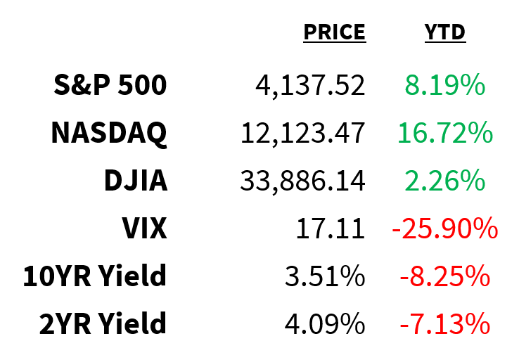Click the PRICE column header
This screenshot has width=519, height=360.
334,32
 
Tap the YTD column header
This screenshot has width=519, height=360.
444,32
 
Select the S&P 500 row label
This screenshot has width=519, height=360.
110,86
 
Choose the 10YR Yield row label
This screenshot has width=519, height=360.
95,276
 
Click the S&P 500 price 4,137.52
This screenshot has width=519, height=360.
310,86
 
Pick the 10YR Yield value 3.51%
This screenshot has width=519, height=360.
324,276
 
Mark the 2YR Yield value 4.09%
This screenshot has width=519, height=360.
324,324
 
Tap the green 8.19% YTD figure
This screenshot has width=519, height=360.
444,86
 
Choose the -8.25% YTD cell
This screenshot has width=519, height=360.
444,276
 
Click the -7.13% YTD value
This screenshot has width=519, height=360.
444,324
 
